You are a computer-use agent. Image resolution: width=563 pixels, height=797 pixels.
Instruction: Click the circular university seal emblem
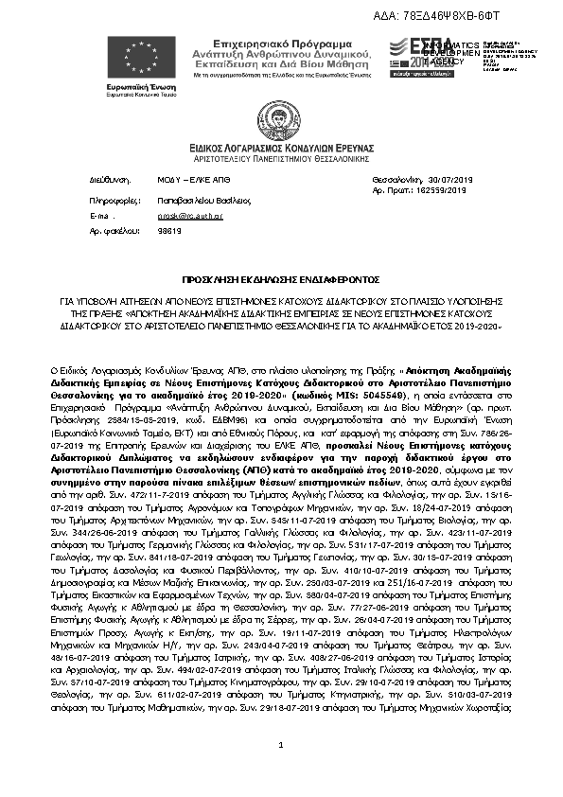tap(282, 117)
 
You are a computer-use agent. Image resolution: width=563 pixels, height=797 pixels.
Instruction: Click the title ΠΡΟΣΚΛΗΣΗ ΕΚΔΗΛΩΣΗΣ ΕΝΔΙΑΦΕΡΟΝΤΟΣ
tap(280, 281)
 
